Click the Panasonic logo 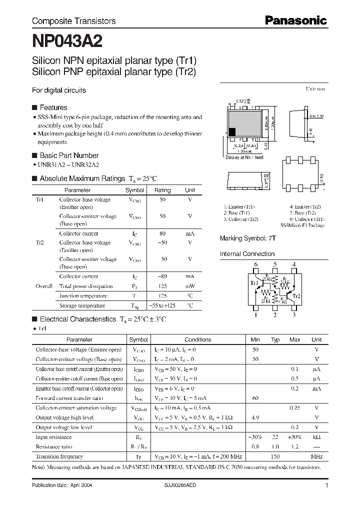point(295,21)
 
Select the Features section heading point(53,107)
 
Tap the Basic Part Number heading point(68,155)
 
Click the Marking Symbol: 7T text point(248,238)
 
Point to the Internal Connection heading point(247,254)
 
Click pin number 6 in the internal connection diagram point(255,264)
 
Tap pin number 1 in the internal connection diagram point(255,314)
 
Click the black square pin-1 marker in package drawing point(232,132)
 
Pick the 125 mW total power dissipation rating point(162,286)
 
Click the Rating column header point(162,190)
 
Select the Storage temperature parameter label point(82,305)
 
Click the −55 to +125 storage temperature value point(162,305)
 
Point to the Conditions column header point(197,339)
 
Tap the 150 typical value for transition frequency point(274,456)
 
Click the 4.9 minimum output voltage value point(255,417)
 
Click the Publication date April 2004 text point(62,485)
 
